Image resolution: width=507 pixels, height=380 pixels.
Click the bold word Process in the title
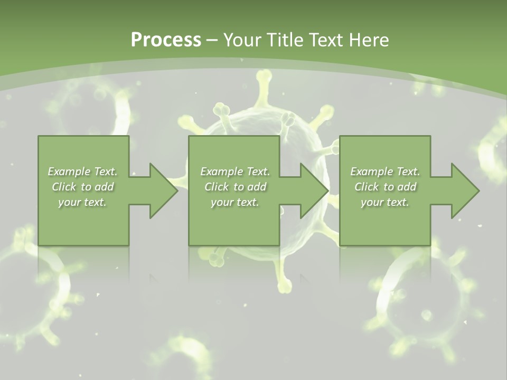[x=166, y=40]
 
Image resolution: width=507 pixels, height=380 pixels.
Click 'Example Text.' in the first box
[x=82, y=172]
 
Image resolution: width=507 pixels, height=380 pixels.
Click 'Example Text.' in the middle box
[x=234, y=172]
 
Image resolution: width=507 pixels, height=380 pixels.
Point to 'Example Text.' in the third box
[x=385, y=172]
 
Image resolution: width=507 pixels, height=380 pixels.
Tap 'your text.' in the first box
[x=82, y=202]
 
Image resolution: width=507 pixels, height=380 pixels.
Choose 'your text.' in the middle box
[x=234, y=202]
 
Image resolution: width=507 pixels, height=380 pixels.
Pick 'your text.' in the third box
[x=385, y=202]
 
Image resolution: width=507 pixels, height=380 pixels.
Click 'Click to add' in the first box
[x=82, y=187]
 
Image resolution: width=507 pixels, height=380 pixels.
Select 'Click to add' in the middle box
[x=234, y=187]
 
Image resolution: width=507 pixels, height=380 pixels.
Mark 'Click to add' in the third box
[x=385, y=187]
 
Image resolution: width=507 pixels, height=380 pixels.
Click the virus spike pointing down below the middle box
[x=284, y=280]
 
